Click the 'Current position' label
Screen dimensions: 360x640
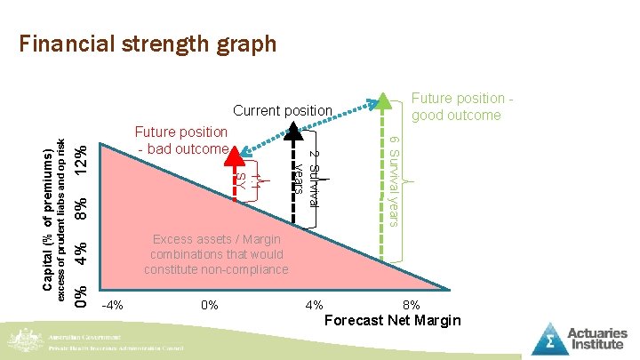(282, 111)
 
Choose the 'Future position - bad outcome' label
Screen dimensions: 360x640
(181, 140)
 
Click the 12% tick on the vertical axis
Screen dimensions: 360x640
(81, 159)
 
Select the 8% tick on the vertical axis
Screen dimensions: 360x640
(81, 211)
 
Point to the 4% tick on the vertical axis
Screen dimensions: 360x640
(81, 252)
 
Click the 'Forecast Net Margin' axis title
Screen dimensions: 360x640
(394, 320)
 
